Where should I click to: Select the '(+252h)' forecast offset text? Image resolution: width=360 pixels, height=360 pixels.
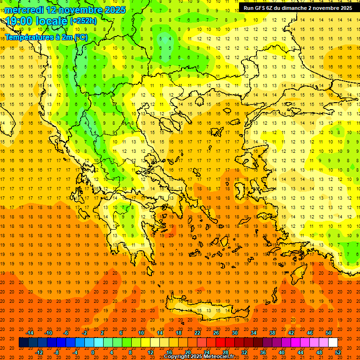tap(83, 21)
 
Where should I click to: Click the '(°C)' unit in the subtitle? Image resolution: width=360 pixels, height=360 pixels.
tap(80, 37)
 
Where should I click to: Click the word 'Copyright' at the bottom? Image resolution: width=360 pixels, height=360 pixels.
tap(179, 357)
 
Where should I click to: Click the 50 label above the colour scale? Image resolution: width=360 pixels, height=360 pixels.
tap(329, 333)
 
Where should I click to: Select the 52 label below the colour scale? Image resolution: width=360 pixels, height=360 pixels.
tap(338, 352)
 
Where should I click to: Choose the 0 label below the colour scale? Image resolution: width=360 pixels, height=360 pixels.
tap(93, 352)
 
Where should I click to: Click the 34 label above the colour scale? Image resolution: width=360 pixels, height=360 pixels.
tap(254, 333)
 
